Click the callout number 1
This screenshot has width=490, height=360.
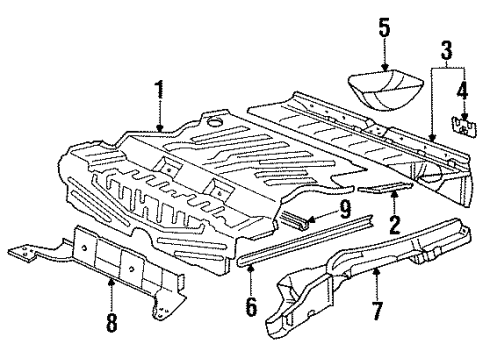coord(160,90)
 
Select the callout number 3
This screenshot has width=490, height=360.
coord(447,50)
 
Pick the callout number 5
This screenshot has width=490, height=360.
coord(384,28)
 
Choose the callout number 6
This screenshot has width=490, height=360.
coord(251,306)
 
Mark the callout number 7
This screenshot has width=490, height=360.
coord(377,310)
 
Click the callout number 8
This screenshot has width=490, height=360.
coord(112,322)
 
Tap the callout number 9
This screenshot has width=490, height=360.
coord(345,209)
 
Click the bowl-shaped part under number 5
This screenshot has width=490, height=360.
coord(385,89)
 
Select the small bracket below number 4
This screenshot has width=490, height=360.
coord(464,126)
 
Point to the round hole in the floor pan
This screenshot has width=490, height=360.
coord(214,121)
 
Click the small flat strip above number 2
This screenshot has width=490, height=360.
coord(385,188)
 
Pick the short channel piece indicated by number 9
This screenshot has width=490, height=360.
coord(293,219)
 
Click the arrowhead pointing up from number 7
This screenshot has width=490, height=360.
coord(376,271)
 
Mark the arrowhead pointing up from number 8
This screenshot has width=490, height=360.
coord(112,282)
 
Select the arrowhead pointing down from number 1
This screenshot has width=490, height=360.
coord(160,128)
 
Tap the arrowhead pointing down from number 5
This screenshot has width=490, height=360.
coord(385,67)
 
